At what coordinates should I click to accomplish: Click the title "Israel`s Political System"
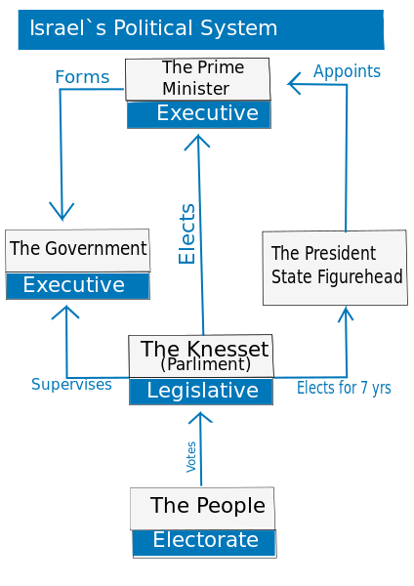coord(153,28)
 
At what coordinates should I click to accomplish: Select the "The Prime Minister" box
coord(197,78)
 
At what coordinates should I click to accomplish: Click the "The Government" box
coord(77,249)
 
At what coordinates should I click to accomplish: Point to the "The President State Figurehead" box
coord(335,267)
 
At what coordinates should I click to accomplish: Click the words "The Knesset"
coord(204,349)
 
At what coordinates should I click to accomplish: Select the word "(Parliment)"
coord(205,365)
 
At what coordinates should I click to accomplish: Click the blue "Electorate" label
coord(204,541)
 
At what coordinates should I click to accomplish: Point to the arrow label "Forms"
coord(82,76)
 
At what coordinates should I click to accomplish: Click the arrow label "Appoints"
coord(347,71)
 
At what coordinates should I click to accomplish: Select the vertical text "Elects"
coord(187,233)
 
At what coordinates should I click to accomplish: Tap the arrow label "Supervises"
coord(71,385)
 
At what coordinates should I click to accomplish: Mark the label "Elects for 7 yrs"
coord(344,388)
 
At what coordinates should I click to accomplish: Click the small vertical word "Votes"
coord(191,456)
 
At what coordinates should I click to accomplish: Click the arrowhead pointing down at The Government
coord(62,214)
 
